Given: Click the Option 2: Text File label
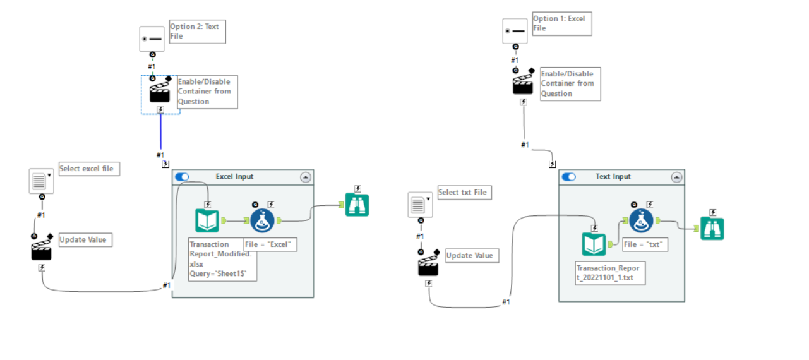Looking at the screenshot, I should tap(197, 32).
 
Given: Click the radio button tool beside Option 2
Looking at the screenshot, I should tap(152, 39).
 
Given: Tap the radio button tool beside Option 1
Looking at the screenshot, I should tap(515, 31).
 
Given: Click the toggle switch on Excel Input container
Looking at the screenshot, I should tap(182, 177).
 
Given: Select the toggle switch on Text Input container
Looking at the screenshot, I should tap(568, 177).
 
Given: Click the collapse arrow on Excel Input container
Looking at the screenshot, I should tap(306, 177).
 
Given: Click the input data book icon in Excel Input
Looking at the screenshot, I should tap(207, 220).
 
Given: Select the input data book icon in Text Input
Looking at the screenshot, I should tap(594, 244).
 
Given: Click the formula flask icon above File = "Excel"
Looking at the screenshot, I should tap(263, 220).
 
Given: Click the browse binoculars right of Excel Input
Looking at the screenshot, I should tap(357, 205).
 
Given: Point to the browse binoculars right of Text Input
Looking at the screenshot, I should tap(712, 229).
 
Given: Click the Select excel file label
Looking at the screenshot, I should tap(89, 169).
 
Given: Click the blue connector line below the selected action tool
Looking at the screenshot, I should tap(160, 133).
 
